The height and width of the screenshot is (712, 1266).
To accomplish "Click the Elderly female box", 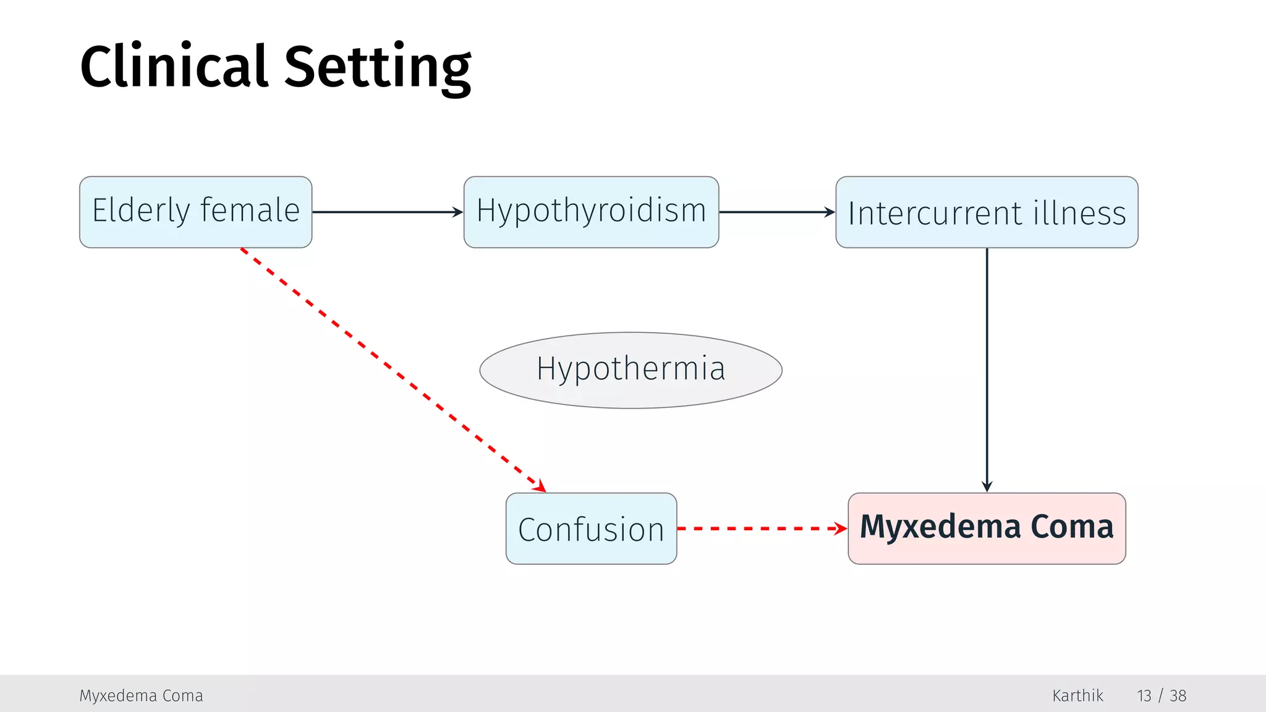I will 195,212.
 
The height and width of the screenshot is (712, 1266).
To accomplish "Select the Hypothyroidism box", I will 591,212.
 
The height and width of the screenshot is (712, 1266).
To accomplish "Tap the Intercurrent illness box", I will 987,212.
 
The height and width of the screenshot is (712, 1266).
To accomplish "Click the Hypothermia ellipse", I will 631,370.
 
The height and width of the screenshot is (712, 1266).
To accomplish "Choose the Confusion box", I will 591,528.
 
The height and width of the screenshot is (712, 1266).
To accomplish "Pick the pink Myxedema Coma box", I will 987,528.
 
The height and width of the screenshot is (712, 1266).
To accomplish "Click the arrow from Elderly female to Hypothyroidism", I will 388,212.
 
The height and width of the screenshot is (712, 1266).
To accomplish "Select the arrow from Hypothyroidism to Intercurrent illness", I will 777,212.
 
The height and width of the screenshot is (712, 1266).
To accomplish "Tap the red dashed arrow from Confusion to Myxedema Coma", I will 762,528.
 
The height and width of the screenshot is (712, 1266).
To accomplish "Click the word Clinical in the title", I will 174,66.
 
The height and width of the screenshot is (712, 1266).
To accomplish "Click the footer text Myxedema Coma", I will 141,696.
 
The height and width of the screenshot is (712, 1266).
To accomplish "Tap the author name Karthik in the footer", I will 1077,696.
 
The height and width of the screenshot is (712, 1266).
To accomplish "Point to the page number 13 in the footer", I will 1144,696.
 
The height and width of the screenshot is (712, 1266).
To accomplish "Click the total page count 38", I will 1178,696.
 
